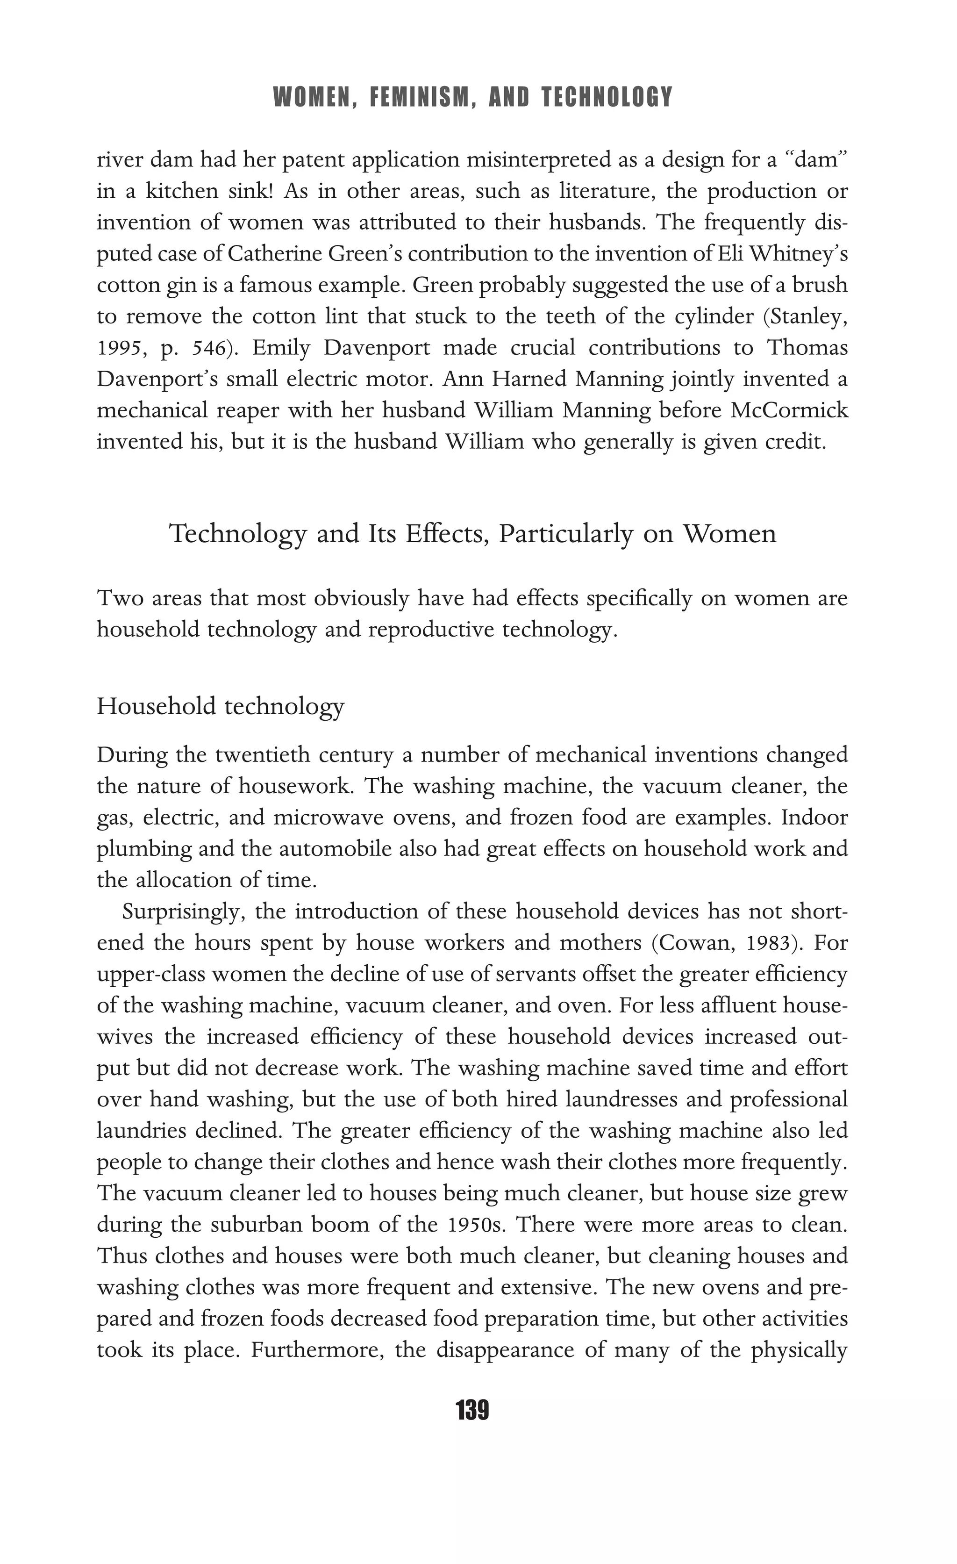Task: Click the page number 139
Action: click(x=472, y=1411)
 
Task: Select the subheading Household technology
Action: click(x=220, y=706)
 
